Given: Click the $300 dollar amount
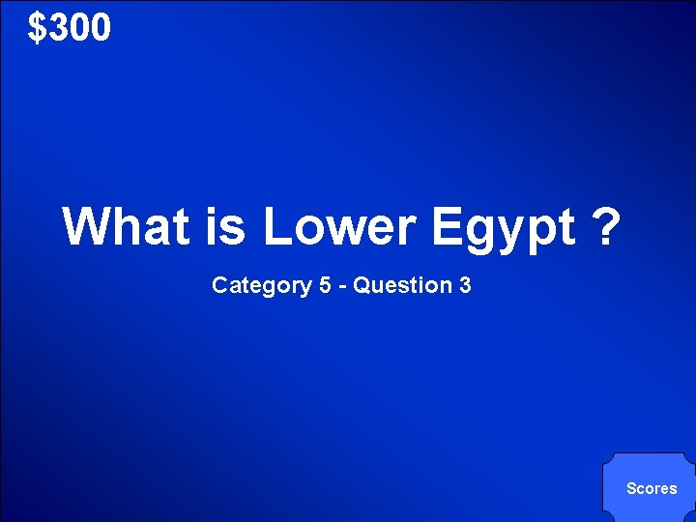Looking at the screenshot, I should point(70,28).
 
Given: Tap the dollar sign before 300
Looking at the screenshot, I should point(38,28).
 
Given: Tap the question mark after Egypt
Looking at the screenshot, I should point(604,226).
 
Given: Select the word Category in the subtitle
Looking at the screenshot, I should point(253,286).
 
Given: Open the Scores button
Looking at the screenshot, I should point(652,488).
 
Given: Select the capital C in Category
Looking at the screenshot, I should point(219,285).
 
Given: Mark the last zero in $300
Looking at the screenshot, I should point(101,28).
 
